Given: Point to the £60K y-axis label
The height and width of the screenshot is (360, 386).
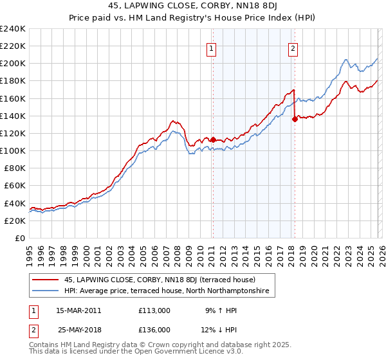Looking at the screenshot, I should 14,186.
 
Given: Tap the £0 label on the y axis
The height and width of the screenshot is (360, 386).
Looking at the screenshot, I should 19,238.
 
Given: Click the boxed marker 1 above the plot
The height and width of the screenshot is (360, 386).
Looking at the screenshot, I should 212,48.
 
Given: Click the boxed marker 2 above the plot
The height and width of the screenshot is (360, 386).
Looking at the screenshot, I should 293,48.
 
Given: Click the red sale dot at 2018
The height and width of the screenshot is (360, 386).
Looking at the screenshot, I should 295,119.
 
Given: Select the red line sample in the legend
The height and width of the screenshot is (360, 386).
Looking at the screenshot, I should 45,280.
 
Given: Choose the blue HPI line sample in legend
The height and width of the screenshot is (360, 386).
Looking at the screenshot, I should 45,291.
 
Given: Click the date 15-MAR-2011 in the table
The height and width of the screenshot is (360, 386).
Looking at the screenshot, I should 78,310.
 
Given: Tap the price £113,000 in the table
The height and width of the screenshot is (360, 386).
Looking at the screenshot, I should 154,310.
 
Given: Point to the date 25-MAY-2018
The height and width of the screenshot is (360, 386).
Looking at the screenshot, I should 78,329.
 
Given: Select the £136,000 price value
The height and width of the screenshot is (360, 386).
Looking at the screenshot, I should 154,329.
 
